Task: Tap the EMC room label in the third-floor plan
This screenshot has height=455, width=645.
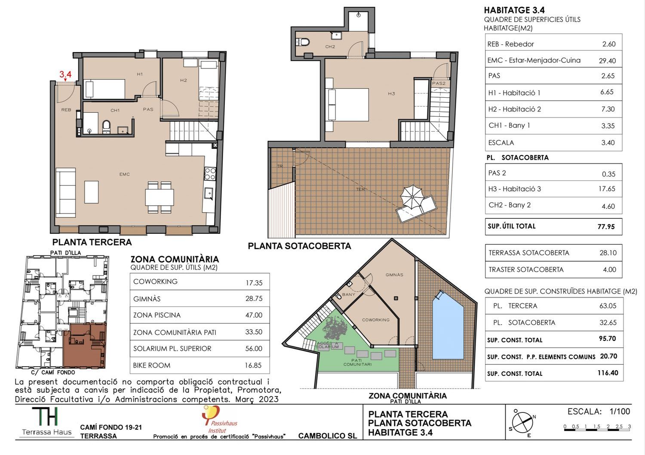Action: tap(125, 174)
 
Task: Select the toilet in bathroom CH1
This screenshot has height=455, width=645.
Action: tap(106, 127)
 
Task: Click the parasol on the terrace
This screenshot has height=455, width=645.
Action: tap(412, 197)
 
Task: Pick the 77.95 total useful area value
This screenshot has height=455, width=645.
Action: tap(606, 226)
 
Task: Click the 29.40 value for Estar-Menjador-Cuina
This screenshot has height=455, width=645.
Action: tap(607, 61)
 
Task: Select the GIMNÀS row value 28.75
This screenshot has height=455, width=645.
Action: tap(254, 298)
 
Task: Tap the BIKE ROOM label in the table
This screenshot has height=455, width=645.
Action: tap(151, 365)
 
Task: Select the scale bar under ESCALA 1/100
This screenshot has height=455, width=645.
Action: tap(597, 430)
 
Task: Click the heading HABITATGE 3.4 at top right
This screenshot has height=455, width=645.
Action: tap(514, 10)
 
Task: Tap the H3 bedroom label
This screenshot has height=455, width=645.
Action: tap(391, 94)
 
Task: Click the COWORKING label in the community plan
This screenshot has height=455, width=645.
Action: tap(376, 320)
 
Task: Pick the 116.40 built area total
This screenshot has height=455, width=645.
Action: tap(608, 373)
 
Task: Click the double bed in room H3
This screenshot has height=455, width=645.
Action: tap(347, 104)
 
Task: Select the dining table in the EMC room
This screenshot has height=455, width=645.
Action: tap(159, 197)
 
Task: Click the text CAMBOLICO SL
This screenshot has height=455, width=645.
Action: tap(327, 436)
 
